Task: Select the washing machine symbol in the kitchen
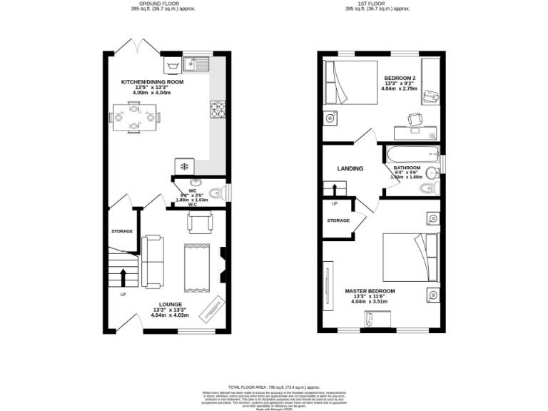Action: click(x=171, y=66)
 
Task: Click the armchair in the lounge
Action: click(x=199, y=223)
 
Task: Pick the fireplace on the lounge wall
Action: click(x=223, y=265)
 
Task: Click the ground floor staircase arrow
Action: click(x=122, y=276)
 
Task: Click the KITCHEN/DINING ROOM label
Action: click(x=152, y=82)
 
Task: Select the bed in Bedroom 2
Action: click(x=351, y=83)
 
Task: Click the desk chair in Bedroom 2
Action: click(x=414, y=119)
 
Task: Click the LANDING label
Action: click(x=350, y=169)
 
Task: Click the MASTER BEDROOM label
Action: click(x=370, y=292)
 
